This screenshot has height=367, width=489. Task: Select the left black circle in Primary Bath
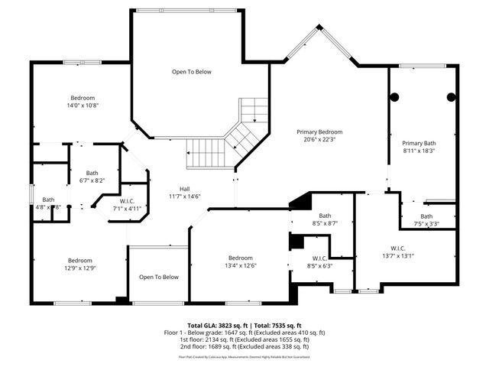click(396, 96)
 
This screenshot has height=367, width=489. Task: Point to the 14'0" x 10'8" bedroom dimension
click(83, 106)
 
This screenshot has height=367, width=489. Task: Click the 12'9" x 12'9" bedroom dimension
click(79, 268)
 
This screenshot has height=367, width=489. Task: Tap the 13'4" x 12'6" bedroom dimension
click(240, 266)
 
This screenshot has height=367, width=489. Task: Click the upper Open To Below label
click(191, 72)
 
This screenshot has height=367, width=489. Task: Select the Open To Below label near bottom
click(158, 277)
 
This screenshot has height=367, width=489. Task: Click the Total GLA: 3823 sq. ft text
click(216, 325)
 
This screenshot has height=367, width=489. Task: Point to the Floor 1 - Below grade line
click(244, 332)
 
